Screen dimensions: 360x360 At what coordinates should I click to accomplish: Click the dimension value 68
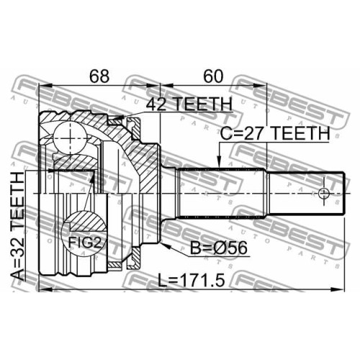coord(99,76)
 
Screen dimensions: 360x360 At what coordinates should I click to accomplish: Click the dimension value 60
coord(213,76)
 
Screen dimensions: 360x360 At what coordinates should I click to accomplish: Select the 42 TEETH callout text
coord(189,104)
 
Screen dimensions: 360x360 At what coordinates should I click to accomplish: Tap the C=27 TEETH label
coord(275,134)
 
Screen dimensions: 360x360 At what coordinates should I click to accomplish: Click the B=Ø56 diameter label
coord(218,248)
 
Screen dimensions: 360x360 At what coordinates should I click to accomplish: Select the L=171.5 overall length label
coord(192,281)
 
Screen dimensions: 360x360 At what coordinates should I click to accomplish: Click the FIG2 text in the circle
coord(84,243)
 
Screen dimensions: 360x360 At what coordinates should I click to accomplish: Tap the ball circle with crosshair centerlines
coord(70,138)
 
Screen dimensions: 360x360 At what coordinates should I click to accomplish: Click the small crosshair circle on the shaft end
coord(324,193)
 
